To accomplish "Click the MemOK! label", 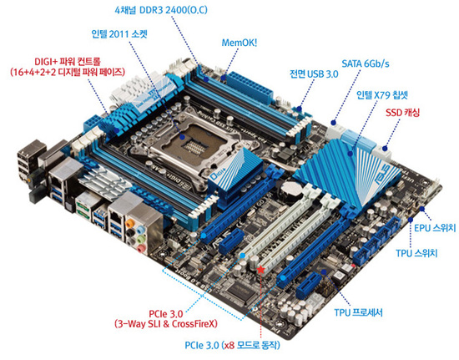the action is pos(240,43).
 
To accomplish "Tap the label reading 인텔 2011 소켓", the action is pos(119,34).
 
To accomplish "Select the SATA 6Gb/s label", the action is pos(366,63).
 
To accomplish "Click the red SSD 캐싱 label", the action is pos(402,113).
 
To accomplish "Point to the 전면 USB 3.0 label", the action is pos(314,74).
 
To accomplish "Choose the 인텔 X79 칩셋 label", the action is pos(382,95).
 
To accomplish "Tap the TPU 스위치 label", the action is pos(416,253).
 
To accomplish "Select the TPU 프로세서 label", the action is pos(358,312).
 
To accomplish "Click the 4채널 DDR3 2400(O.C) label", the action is pos(161,10).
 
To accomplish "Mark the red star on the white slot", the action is pos(261,270).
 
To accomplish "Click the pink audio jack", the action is pos(141,249).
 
